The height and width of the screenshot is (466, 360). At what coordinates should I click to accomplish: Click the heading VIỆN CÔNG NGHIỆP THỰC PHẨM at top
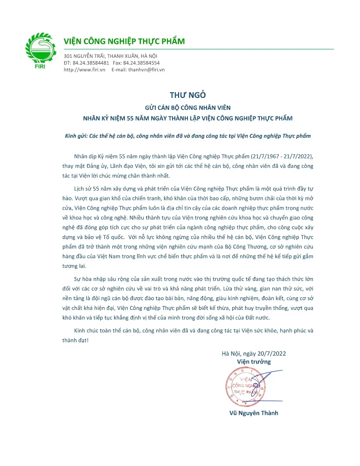[x=124, y=41]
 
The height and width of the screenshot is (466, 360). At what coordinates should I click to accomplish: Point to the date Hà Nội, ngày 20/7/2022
[x=254, y=353]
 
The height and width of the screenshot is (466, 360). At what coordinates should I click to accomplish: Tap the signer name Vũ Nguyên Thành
[x=254, y=412]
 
